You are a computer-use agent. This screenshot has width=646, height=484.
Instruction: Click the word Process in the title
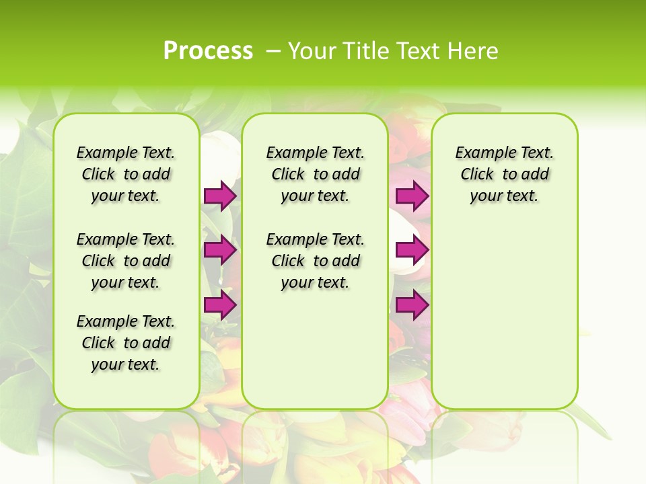click(x=208, y=51)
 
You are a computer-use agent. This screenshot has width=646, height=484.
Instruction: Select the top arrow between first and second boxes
click(x=220, y=196)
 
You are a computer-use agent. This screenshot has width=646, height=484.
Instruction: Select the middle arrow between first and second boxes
click(x=220, y=250)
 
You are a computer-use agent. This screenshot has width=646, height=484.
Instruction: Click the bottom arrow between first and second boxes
click(x=220, y=305)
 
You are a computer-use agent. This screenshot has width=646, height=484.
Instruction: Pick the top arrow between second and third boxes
click(x=412, y=196)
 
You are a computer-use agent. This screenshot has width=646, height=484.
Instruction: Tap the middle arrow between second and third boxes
click(x=412, y=250)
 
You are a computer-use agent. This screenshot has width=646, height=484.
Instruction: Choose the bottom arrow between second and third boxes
click(x=412, y=305)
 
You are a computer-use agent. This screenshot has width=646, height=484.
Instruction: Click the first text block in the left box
click(x=126, y=174)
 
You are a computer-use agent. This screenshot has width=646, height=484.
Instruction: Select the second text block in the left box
click(x=126, y=261)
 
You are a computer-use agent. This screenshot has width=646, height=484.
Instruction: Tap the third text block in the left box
click(x=126, y=343)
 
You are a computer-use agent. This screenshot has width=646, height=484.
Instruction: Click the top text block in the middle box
click(x=315, y=174)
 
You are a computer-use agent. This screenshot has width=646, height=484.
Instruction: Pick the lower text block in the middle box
click(x=315, y=261)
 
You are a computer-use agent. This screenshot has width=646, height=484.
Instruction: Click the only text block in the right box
click(x=504, y=174)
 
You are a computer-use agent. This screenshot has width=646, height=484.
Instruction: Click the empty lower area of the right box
click(x=504, y=316)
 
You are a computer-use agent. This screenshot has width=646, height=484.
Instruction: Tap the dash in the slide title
click(x=274, y=51)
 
